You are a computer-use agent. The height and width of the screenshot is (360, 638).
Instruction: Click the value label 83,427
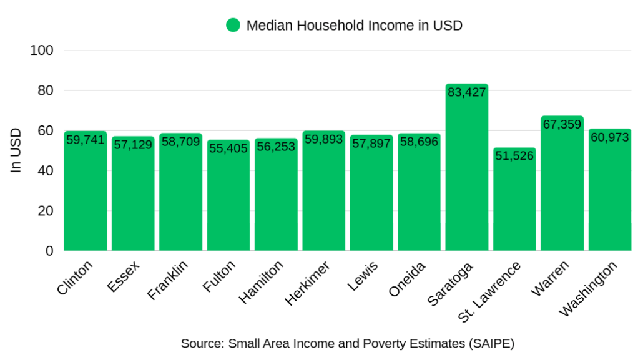click(x=466, y=92)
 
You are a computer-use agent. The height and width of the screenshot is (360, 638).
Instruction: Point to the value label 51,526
click(x=514, y=156)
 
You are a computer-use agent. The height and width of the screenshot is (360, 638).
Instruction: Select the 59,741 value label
click(x=86, y=140)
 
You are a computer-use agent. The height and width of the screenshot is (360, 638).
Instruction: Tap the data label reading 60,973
click(x=609, y=137)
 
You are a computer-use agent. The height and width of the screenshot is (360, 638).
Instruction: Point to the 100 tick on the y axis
click(x=42, y=51)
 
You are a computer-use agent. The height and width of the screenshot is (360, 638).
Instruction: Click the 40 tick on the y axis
click(x=46, y=171)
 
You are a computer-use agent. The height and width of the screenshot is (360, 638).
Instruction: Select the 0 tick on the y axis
click(x=50, y=251)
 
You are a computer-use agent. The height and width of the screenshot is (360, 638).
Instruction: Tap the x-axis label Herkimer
click(x=308, y=283)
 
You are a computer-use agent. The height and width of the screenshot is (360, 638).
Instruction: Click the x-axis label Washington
click(x=589, y=288)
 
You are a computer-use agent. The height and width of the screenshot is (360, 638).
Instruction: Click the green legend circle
click(x=233, y=26)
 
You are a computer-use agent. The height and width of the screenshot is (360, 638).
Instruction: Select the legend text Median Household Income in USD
click(x=354, y=26)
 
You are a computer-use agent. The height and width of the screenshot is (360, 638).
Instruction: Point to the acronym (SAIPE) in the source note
click(x=490, y=343)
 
